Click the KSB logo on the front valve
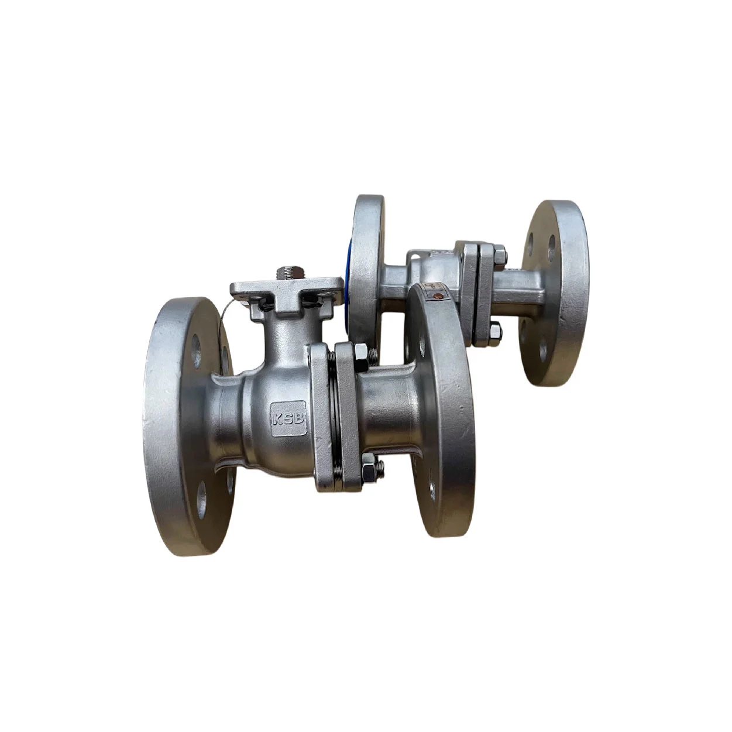[x=288, y=418]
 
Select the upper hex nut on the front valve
[x=362, y=358]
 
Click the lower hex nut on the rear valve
[x=496, y=332]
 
